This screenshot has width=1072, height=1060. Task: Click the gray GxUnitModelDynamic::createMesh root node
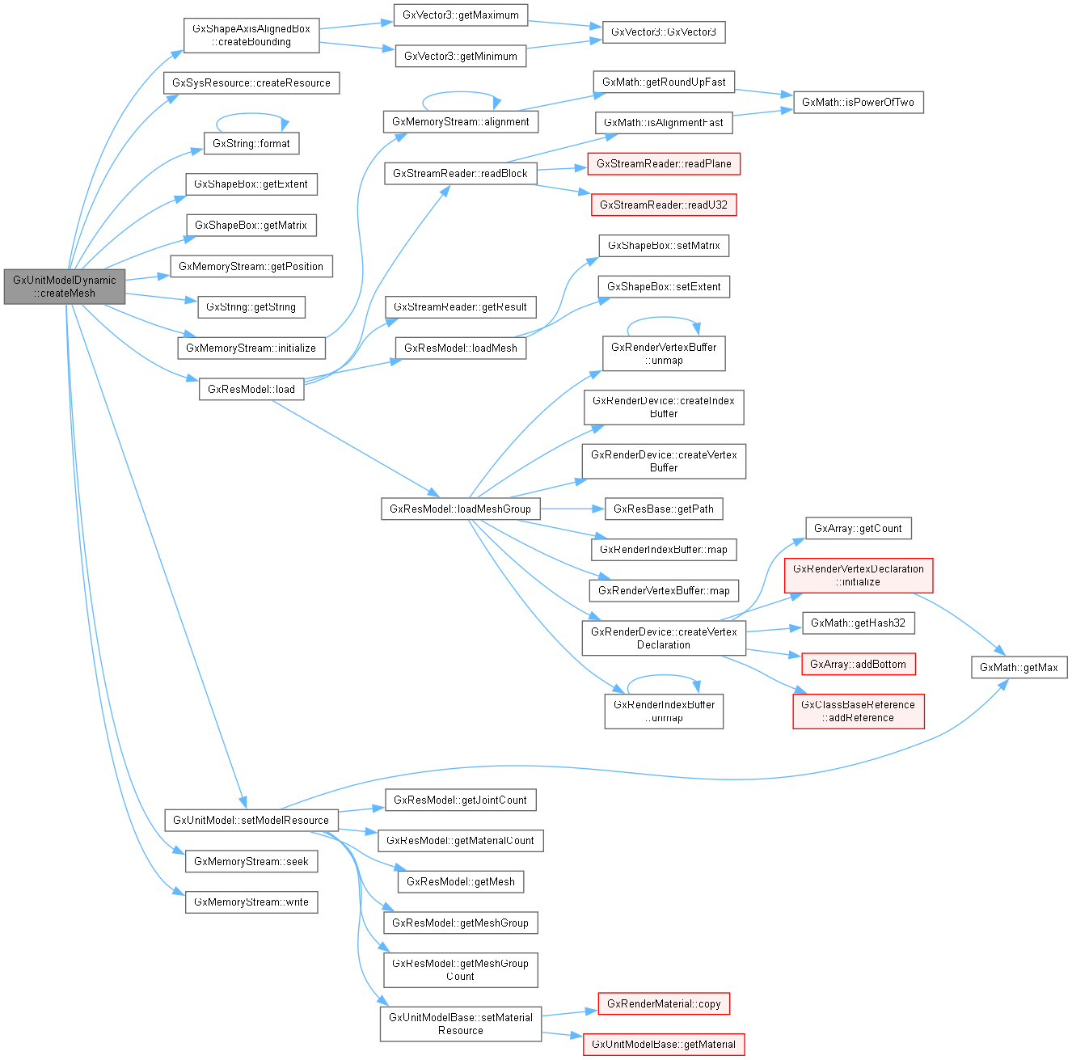[x=65, y=287]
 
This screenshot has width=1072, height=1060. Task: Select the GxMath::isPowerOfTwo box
[x=858, y=103]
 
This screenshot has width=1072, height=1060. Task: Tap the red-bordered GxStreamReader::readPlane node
[x=664, y=164]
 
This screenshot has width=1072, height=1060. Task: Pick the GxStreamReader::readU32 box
[x=664, y=205]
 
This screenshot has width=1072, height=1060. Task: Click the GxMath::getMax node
[x=1019, y=668]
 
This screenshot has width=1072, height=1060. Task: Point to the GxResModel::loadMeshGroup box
[x=460, y=509]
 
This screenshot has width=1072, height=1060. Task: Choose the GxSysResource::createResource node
[x=251, y=83]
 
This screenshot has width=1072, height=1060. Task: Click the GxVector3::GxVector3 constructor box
[x=664, y=32]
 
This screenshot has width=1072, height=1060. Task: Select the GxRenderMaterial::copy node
[x=664, y=1004]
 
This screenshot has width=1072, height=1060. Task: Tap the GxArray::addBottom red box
[x=859, y=665]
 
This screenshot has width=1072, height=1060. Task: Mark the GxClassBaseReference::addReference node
[x=859, y=712]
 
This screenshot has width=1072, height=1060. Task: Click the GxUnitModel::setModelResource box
[x=251, y=821]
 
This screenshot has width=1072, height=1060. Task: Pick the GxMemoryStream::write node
[x=251, y=902]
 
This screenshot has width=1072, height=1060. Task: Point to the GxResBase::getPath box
[x=664, y=509]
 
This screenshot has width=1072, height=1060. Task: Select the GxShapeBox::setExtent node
[x=664, y=287]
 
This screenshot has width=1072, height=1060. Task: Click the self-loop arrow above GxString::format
[x=251, y=115]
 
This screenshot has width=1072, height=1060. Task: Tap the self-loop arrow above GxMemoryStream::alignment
[x=461, y=92]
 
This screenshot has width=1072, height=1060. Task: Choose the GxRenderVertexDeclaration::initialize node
[x=859, y=576]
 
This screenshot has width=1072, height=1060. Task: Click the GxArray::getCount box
[x=858, y=529]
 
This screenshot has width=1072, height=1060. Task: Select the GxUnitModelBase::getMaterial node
[x=664, y=1045]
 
